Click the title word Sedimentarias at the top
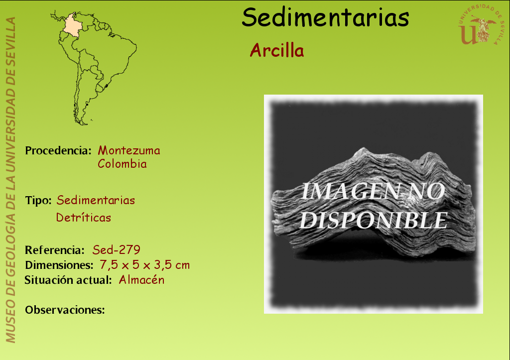325,17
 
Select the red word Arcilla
277,50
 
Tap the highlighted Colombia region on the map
73,25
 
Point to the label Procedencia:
58,150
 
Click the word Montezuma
129,150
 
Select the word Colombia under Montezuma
123,164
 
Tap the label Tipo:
38,200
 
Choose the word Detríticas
84,217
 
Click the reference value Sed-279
117,250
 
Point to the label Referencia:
55,250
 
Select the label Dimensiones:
59,265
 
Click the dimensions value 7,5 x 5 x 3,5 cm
145,265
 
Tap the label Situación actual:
68,280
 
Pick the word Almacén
141,280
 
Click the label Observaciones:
65,310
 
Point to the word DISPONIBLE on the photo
374,220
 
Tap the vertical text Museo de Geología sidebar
11,180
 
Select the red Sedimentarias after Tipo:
96,200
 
